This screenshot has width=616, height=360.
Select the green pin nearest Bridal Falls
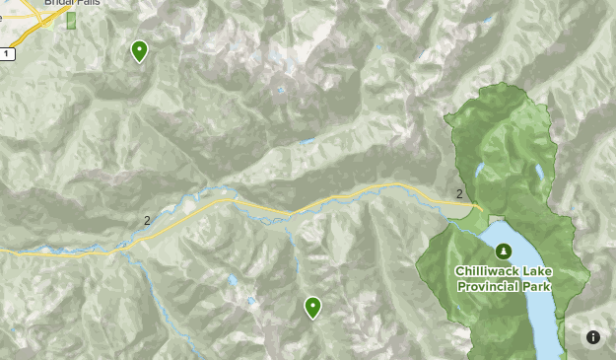[139, 50]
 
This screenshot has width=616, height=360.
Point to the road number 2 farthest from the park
[147, 220]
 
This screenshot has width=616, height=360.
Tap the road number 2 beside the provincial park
[459, 193]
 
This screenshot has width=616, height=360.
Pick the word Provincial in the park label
[489, 286]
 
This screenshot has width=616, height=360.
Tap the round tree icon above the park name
[503, 251]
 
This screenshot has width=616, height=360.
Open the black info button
[593, 337]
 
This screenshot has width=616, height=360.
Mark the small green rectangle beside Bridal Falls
[71, 20]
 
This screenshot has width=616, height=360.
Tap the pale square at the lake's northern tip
[496, 219]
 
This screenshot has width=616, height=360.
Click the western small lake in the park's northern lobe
[480, 171]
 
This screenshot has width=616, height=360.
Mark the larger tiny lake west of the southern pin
[232, 280]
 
